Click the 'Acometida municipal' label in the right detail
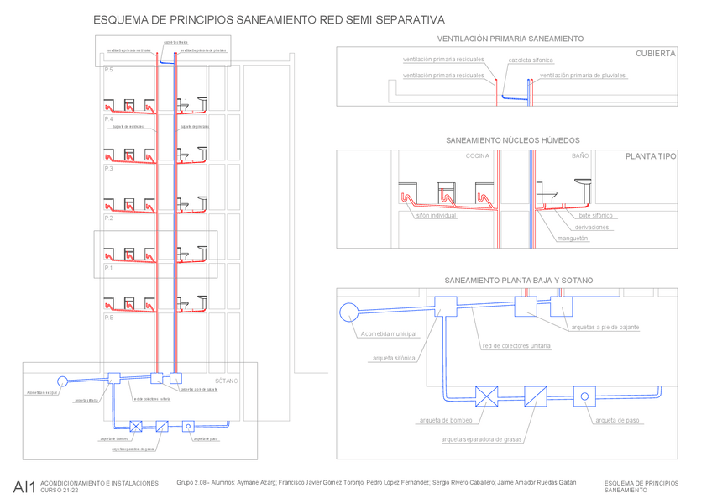(x=389, y=333)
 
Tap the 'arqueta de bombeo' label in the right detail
(x=446, y=420)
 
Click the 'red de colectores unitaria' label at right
(x=516, y=346)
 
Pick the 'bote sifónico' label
(x=595, y=216)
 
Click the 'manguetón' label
(x=573, y=239)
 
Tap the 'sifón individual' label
(x=436, y=216)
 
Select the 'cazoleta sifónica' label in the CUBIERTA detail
(x=531, y=60)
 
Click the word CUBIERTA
(x=655, y=53)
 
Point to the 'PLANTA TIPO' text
(x=651, y=156)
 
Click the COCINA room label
(x=477, y=156)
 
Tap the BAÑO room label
(x=580, y=156)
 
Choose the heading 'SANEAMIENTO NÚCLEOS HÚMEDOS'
(x=512, y=140)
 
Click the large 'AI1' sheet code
(x=24, y=487)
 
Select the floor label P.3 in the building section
(x=108, y=169)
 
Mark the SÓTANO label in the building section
(x=226, y=381)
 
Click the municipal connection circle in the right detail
(x=348, y=312)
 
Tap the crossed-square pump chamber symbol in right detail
(x=486, y=396)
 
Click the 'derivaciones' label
(x=592, y=228)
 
